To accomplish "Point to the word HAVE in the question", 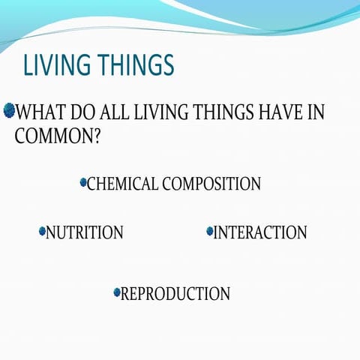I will (283, 114).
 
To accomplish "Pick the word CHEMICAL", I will (122, 184).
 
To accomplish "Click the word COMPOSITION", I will (211, 184).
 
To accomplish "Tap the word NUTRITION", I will (85, 233).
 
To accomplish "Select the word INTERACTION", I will (260, 233).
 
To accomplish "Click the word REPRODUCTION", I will (175, 294).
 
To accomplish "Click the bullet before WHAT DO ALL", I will (9, 112).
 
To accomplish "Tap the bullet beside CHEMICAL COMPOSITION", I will (82, 182).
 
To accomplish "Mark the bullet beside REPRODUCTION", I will (116, 292).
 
